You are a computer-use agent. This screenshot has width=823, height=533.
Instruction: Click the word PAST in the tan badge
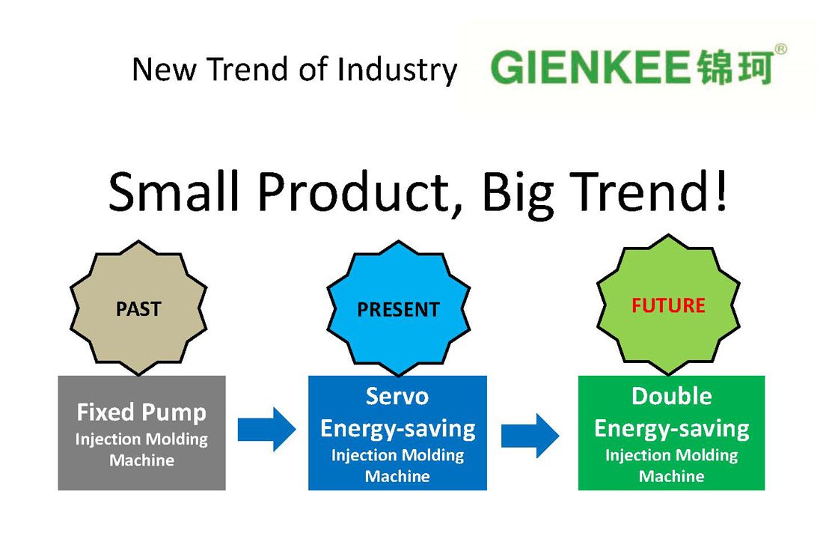(138, 308)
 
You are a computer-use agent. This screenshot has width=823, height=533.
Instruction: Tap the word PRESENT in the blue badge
(398, 309)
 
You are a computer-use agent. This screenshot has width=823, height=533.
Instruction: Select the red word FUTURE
(668, 305)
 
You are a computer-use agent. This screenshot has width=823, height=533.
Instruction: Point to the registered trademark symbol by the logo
(780, 49)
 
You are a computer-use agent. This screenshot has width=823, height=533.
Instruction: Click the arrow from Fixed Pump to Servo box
(266, 430)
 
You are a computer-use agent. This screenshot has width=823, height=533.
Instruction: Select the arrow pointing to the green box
(530, 436)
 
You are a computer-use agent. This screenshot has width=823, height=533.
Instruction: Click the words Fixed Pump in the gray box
(141, 412)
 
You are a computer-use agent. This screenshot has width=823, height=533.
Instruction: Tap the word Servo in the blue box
(397, 396)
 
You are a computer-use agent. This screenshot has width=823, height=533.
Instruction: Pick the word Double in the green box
(672, 396)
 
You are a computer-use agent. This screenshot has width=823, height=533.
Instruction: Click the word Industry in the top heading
(397, 70)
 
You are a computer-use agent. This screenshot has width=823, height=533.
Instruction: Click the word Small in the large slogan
(174, 191)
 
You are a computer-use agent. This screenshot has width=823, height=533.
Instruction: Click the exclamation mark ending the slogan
(721, 191)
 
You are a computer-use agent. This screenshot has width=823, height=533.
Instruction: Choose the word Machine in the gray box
(141, 460)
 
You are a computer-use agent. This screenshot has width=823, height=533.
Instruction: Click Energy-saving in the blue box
(398, 429)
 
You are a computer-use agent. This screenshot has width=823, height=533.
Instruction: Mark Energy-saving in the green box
(672, 429)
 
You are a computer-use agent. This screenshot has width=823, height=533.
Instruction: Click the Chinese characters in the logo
(735, 67)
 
